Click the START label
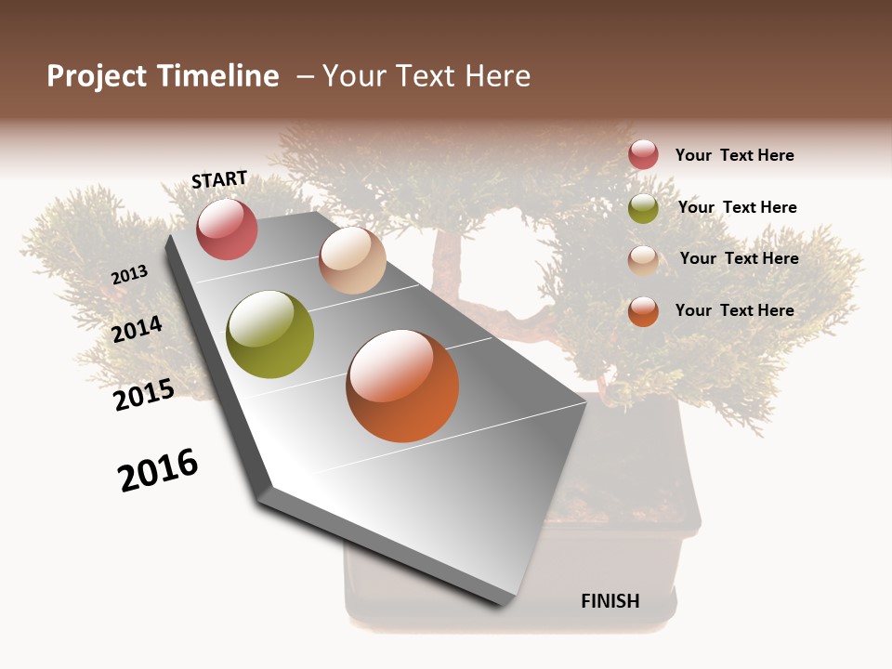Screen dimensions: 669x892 tap(219, 179)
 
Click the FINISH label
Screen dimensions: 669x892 tap(610, 601)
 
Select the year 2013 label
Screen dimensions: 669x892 tap(129, 275)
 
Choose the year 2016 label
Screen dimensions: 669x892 tap(158, 470)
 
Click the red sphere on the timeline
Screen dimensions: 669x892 tap(227, 229)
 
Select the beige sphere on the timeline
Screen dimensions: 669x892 tap(352, 260)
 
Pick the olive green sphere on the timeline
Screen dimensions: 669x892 tap(269, 334)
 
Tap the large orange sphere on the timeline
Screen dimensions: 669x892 tap(402, 386)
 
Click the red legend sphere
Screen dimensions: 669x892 tap(643, 155)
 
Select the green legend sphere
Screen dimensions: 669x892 tap(643, 208)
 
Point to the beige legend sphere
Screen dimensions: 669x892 tap(643, 259)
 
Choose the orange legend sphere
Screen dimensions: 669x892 tap(643, 311)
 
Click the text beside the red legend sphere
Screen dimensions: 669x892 tap(734, 155)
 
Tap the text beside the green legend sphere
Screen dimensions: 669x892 tap(737, 207)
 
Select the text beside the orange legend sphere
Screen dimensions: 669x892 tap(734, 310)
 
